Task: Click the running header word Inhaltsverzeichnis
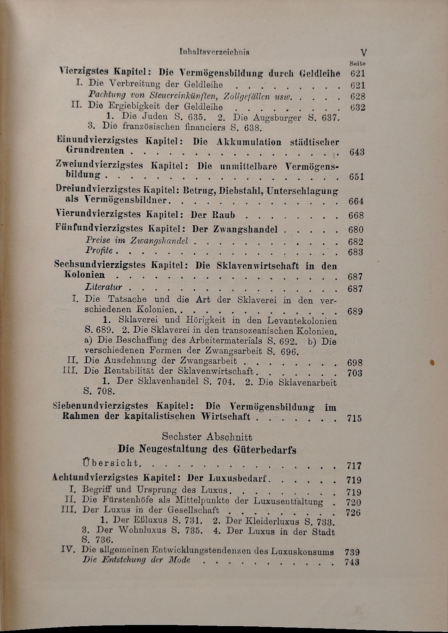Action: click(214, 52)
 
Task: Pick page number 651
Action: click(357, 177)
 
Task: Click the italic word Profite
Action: click(99, 251)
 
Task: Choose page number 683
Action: click(356, 252)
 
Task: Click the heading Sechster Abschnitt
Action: click(207, 437)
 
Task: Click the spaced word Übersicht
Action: click(110, 463)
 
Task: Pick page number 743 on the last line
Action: click(352, 562)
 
